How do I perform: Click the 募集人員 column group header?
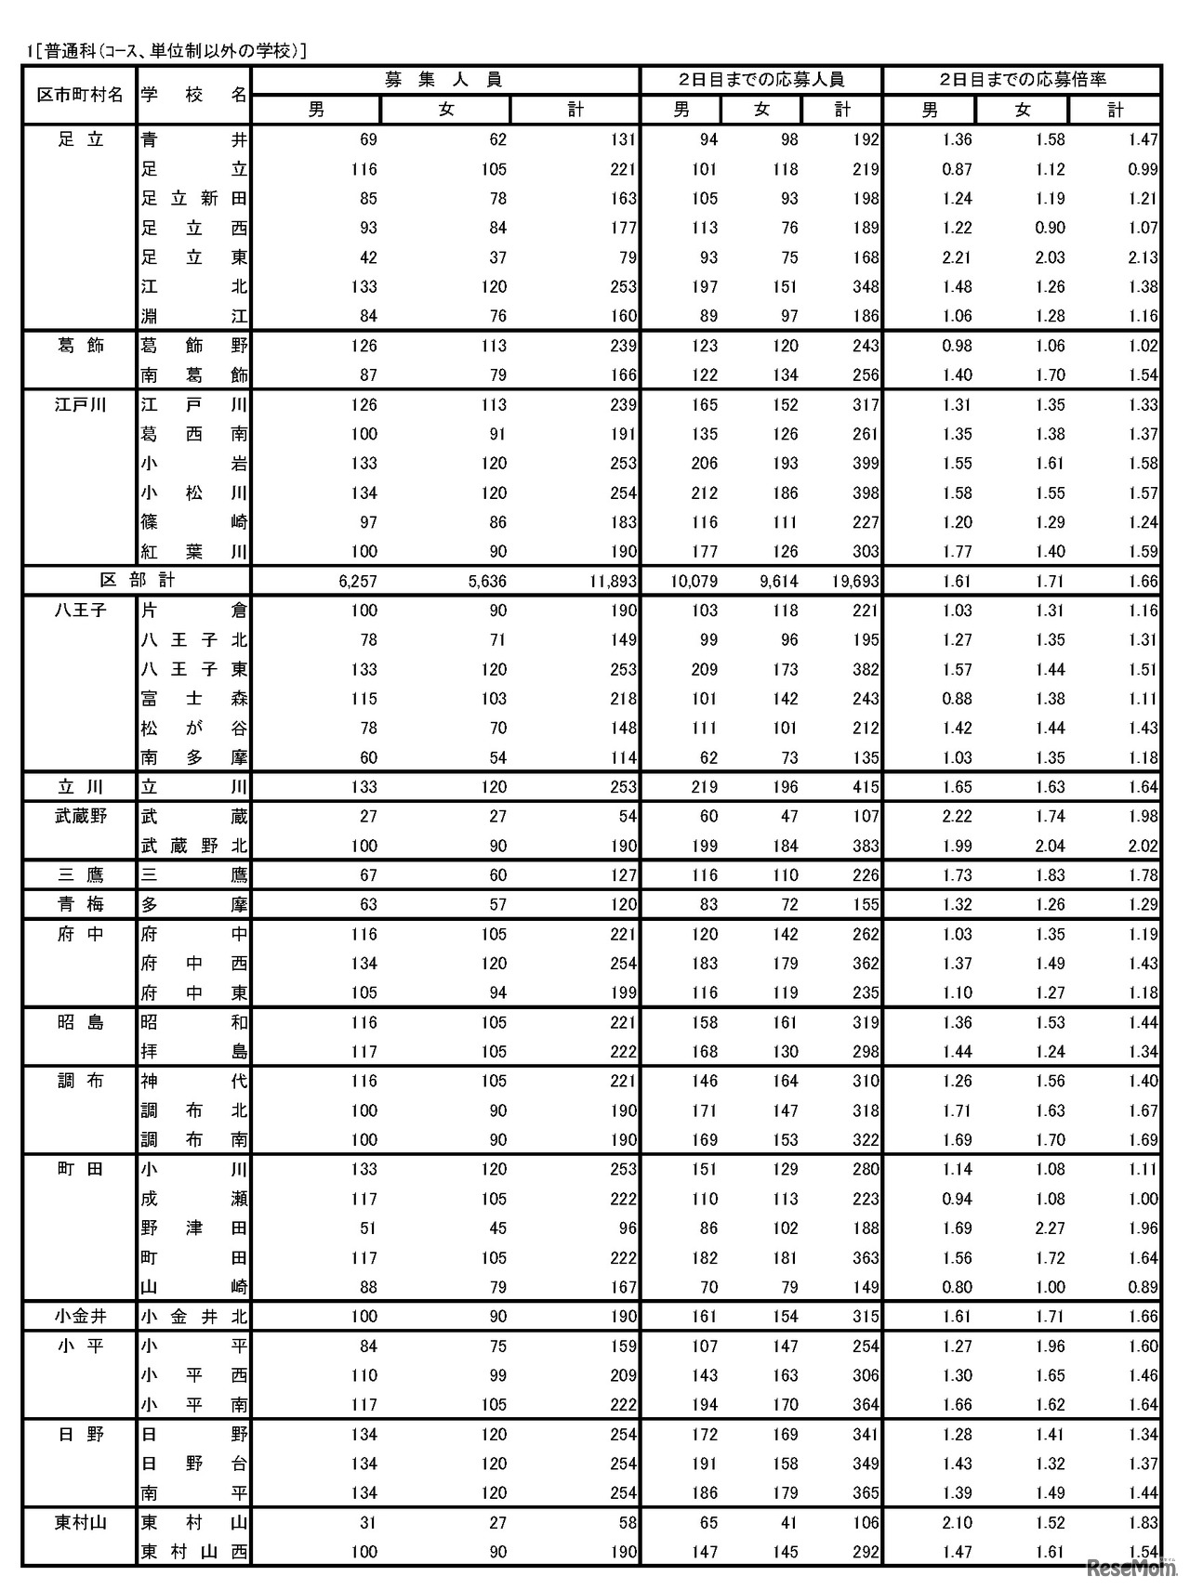click(x=444, y=80)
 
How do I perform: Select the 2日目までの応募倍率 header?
click(x=1022, y=80)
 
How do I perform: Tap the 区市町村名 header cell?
click(x=80, y=95)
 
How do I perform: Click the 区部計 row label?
click(x=138, y=581)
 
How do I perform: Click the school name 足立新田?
click(x=194, y=199)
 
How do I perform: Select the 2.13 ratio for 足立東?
click(x=1143, y=257)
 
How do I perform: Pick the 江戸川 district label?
click(x=80, y=405)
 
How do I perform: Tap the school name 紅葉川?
click(x=194, y=552)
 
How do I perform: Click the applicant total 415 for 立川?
click(x=865, y=787)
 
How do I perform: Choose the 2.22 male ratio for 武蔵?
click(x=957, y=817)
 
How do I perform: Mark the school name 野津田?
click(x=194, y=1228)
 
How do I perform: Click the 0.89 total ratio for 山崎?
click(x=1143, y=1288)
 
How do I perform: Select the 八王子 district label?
click(x=80, y=611)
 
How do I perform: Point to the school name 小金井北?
click(x=194, y=1317)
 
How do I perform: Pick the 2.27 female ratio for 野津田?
click(x=1050, y=1228)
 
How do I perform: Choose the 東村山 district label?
click(x=80, y=1522)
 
